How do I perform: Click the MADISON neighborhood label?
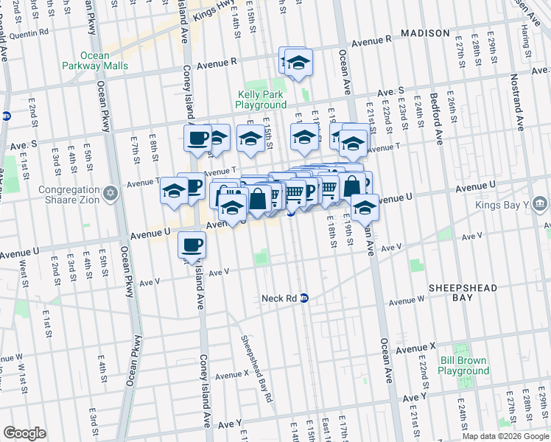pyautogui.click(x=425, y=33)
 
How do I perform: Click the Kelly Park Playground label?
pyautogui.click(x=261, y=99)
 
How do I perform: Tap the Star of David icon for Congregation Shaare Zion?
pyautogui.click(x=111, y=193)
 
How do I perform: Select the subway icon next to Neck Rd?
pyautogui.click(x=304, y=298)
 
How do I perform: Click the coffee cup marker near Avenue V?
pyautogui.click(x=192, y=245)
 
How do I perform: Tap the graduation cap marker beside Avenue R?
pyautogui.click(x=298, y=63)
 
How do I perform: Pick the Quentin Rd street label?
pyautogui.click(x=30, y=32)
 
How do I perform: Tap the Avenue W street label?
pyautogui.click(x=407, y=301)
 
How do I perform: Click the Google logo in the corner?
pyautogui.click(x=24, y=433)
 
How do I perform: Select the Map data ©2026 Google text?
pyautogui.click(x=505, y=436)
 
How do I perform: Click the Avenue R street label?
pyautogui.click(x=376, y=43)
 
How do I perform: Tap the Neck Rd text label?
pyautogui.click(x=280, y=298)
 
